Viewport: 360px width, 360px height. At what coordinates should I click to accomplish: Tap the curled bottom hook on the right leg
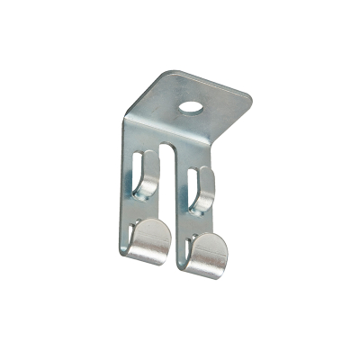point(208,251)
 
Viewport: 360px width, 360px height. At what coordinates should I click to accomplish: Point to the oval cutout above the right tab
point(200,179)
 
